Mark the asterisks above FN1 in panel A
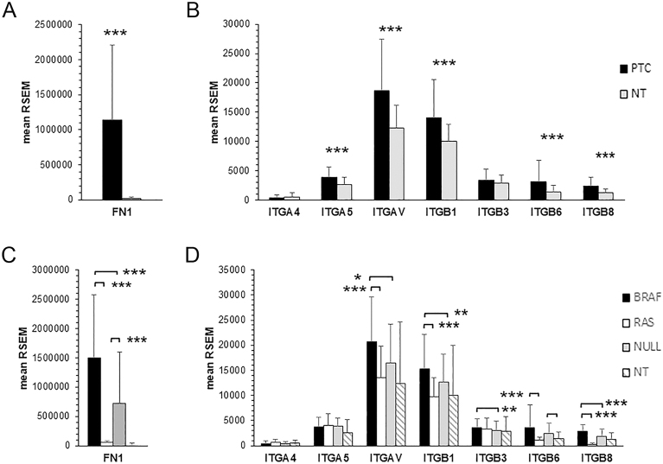pyautogui.click(x=116, y=34)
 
